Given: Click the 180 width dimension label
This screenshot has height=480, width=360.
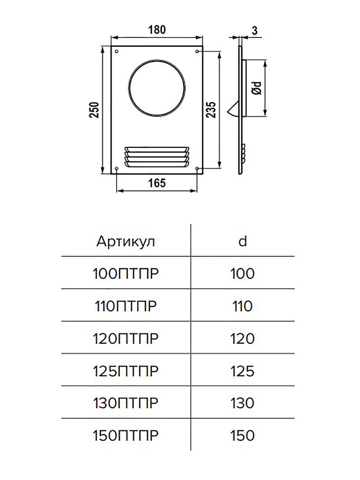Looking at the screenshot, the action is [157, 30].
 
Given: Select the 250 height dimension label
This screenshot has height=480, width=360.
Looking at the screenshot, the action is [94, 110].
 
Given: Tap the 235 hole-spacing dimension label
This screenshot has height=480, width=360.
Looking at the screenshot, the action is [211, 110].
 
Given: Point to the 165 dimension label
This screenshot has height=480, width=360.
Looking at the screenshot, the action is [157, 183].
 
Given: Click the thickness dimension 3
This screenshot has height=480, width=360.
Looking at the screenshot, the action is [255, 31].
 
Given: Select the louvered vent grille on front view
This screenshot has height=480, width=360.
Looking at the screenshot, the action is [157, 157].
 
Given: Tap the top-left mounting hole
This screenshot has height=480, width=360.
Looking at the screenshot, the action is [117, 51].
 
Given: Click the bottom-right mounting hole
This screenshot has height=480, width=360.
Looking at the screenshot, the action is [197, 168].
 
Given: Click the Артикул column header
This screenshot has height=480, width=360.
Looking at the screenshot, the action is [125, 242].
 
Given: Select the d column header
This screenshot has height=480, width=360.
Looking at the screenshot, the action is [243, 241].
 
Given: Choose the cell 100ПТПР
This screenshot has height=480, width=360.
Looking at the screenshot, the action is [125, 274].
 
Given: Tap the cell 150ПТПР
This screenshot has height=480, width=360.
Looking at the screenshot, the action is [125, 436].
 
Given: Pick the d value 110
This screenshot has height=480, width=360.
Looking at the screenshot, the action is [242, 306].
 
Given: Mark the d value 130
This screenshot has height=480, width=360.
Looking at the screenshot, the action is [242, 403].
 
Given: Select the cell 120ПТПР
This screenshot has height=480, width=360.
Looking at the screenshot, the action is [125, 339].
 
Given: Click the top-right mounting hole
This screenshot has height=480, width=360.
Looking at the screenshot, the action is [197, 51].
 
